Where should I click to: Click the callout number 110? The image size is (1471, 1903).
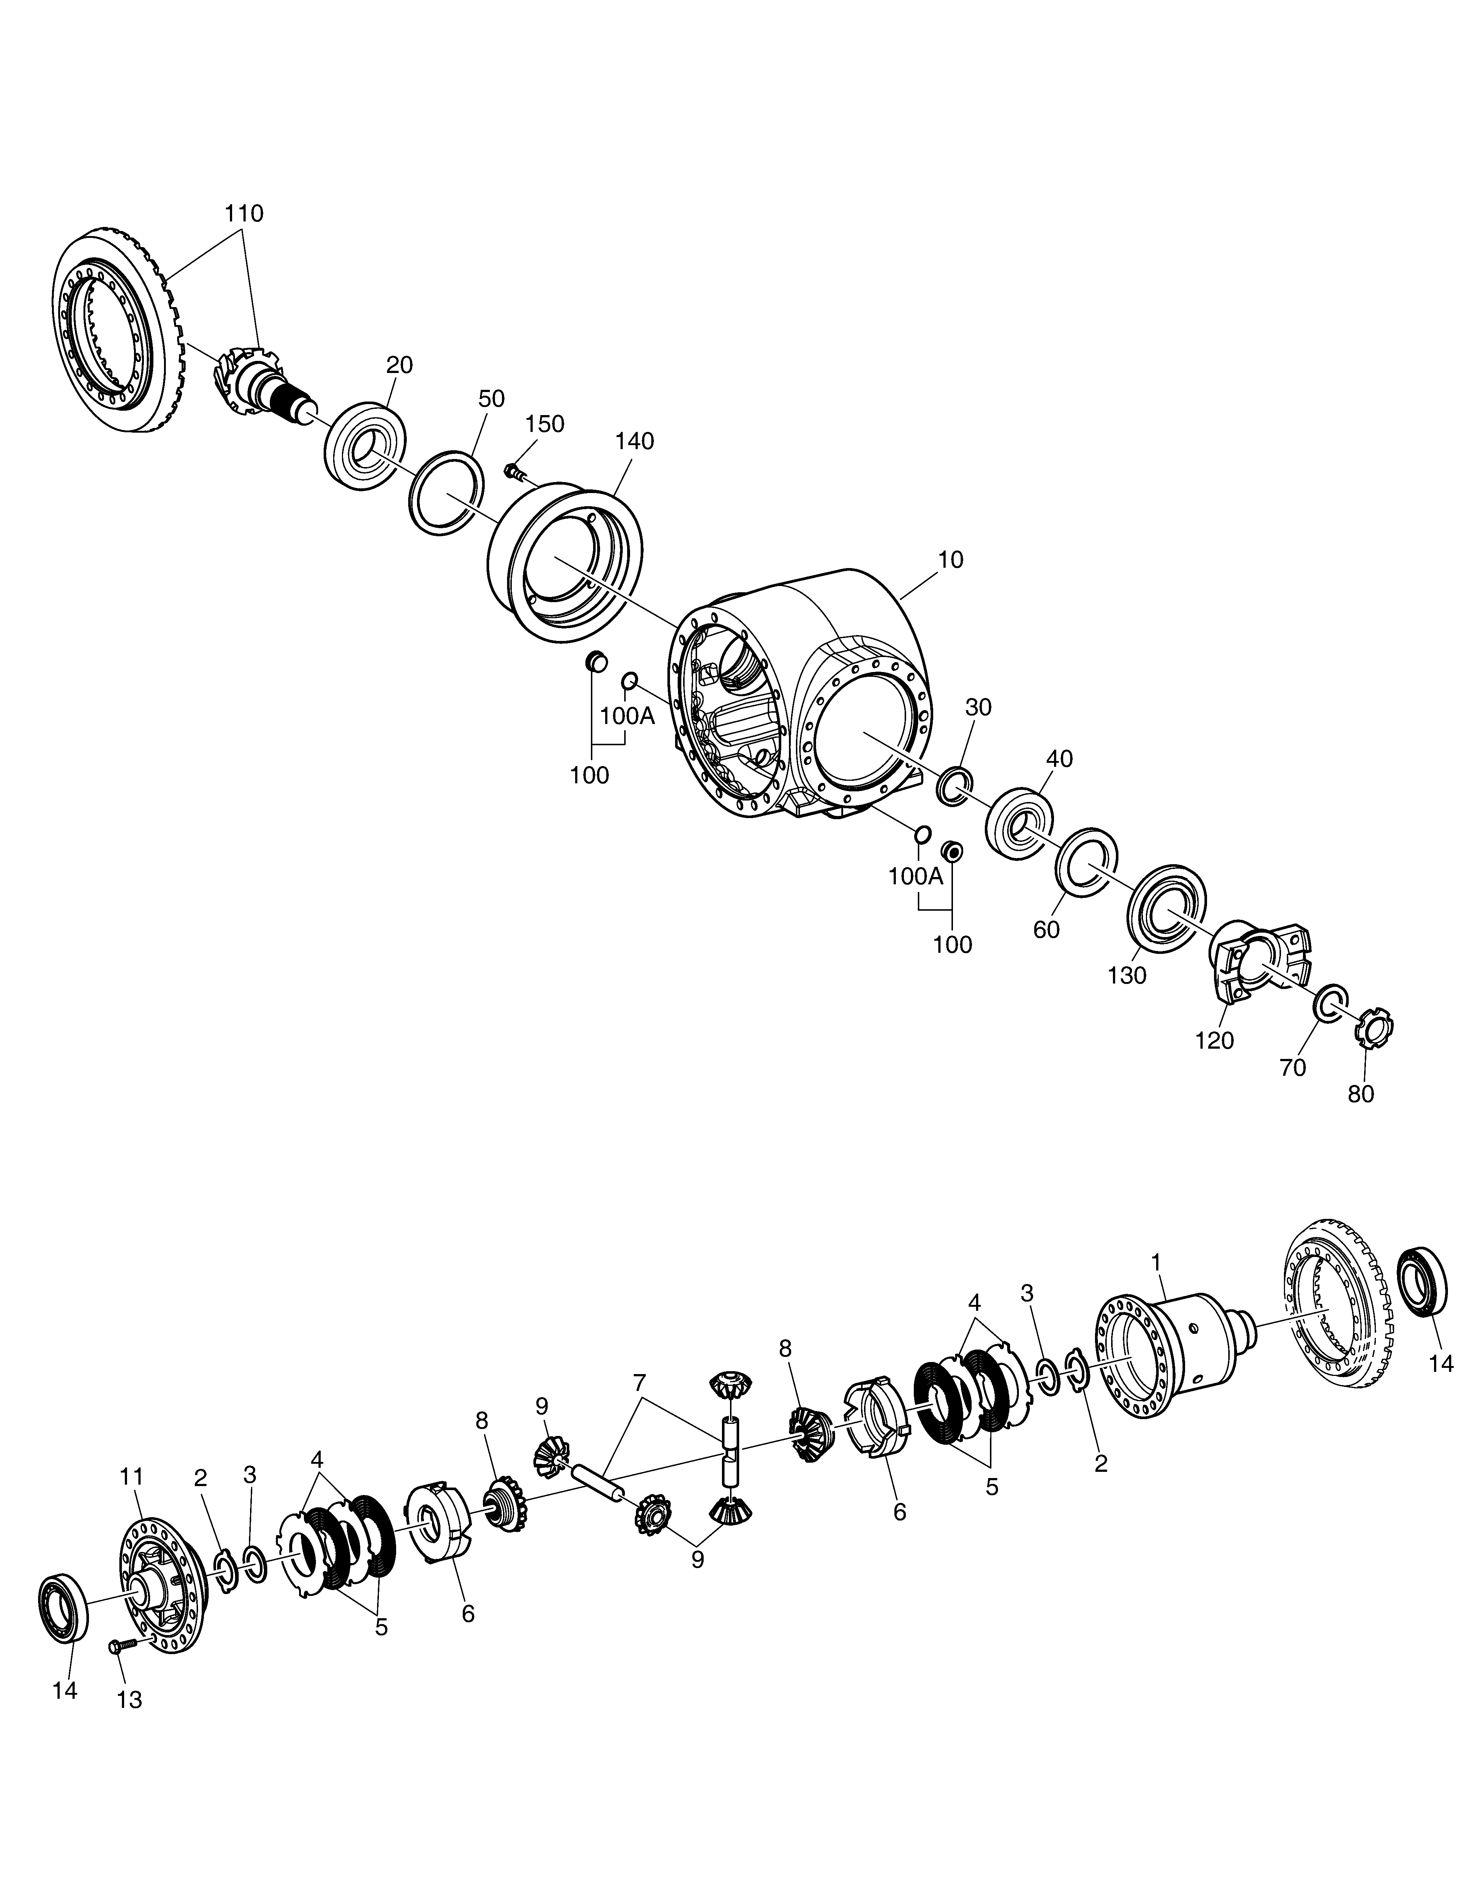(x=244, y=213)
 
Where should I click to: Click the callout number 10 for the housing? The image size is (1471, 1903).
(x=951, y=560)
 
